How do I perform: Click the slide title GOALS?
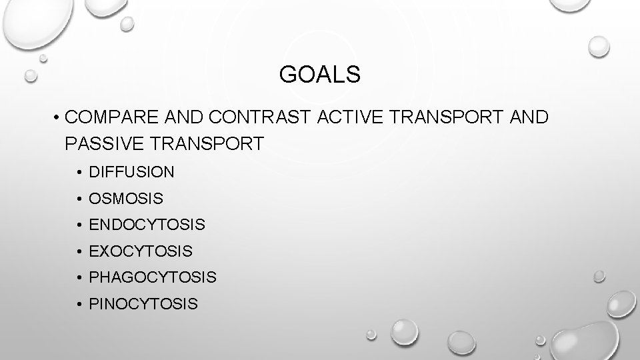point(320,75)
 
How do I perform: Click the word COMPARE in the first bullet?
point(107,117)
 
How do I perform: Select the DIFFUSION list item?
point(131,172)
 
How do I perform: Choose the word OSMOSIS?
point(125,199)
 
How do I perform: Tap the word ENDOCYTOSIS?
point(147,225)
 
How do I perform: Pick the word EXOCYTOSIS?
point(140,252)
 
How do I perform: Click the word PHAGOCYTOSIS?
point(152,278)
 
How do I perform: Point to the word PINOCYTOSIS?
point(143,305)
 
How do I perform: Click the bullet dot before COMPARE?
point(59,118)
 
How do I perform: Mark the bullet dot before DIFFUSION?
point(79,173)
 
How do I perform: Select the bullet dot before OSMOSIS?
point(79,199)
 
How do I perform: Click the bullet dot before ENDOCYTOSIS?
point(79,226)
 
